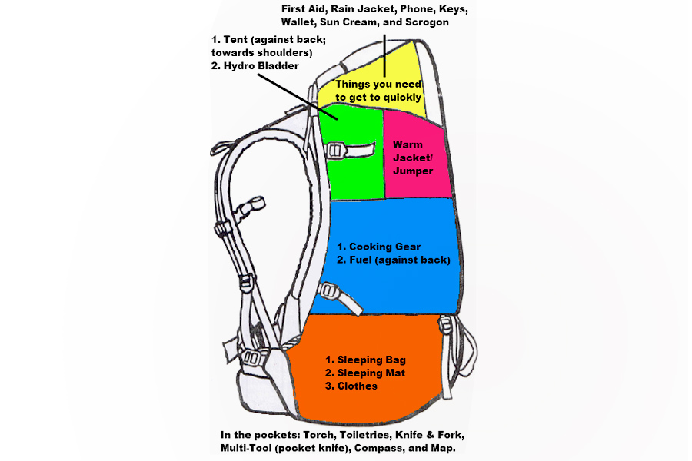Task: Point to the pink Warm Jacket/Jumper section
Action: pos(415,157)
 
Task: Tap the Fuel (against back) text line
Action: pos(393,260)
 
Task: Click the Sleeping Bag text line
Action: pos(365,360)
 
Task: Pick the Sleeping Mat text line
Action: pos(364,373)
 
